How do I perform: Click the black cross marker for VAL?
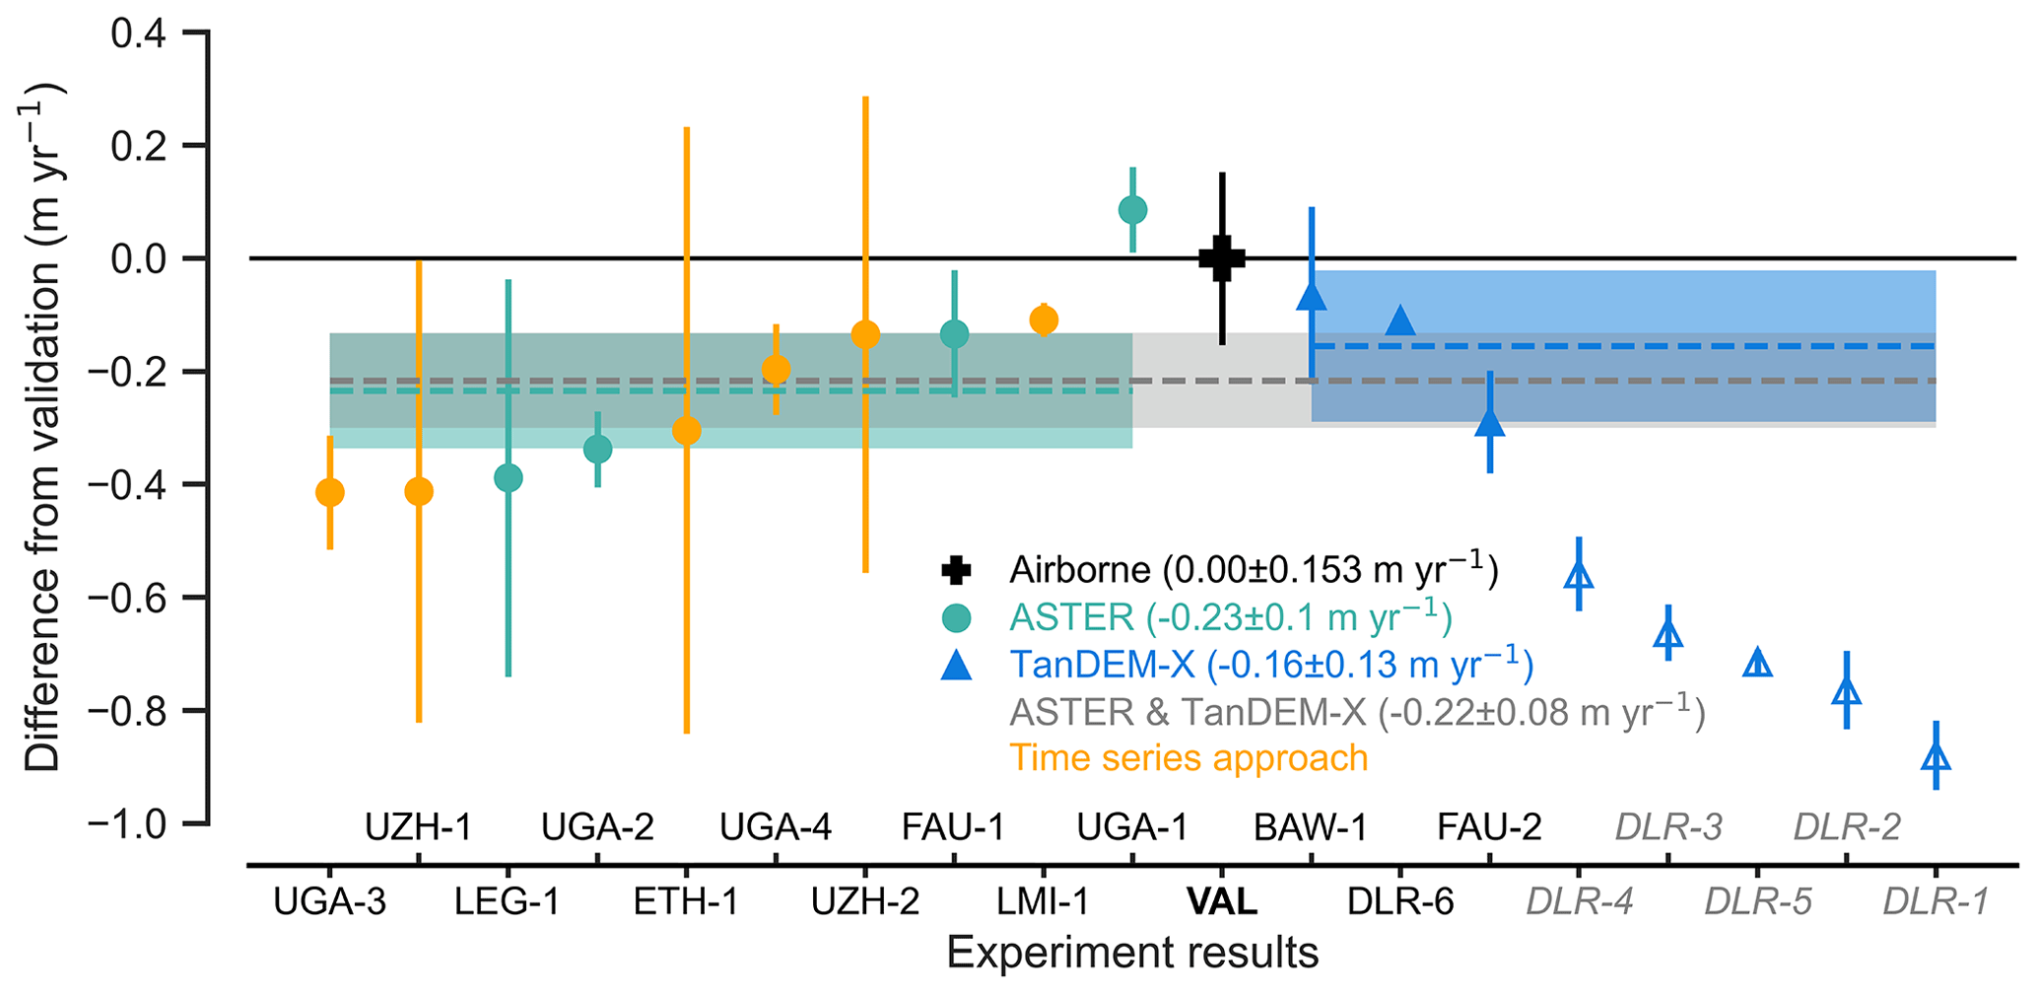[1222, 258]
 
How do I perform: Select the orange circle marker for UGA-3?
[329, 492]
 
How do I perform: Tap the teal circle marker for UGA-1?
[1132, 210]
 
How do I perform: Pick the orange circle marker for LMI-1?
[1044, 319]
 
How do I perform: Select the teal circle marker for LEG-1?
[508, 478]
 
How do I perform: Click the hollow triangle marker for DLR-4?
[1579, 575]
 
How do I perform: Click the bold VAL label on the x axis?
[1222, 901]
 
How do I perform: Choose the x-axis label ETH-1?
[686, 901]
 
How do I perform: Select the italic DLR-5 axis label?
[1757, 901]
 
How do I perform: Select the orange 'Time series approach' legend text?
[1188, 758]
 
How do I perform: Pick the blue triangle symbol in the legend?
[956, 666]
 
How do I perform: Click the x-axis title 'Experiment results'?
[1132, 954]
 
